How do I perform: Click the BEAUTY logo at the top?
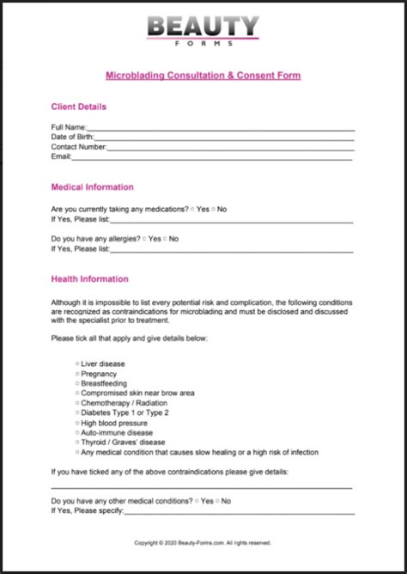click(x=203, y=27)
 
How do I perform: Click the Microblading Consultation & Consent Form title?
click(x=203, y=76)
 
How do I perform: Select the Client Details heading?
click(x=79, y=107)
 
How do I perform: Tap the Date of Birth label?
click(x=72, y=137)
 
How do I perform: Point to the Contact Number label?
click(x=78, y=147)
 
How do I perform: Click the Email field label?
click(x=60, y=156)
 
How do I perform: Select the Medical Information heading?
click(x=92, y=186)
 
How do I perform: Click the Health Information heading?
click(x=89, y=278)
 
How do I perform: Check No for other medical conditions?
click(x=219, y=500)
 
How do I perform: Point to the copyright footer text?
click(x=203, y=542)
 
